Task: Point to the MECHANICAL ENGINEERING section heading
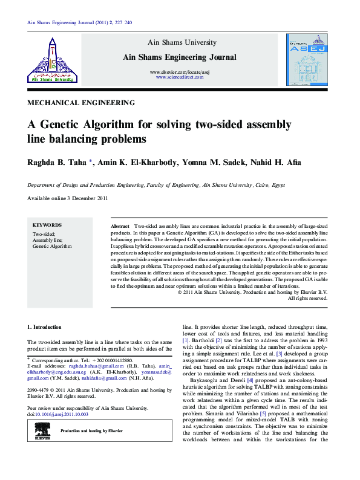pos(82,103)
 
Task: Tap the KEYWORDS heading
pos(47,224)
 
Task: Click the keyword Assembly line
pos(44,240)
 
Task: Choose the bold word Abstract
pos(120,225)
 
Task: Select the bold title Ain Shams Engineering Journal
pos(180,57)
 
